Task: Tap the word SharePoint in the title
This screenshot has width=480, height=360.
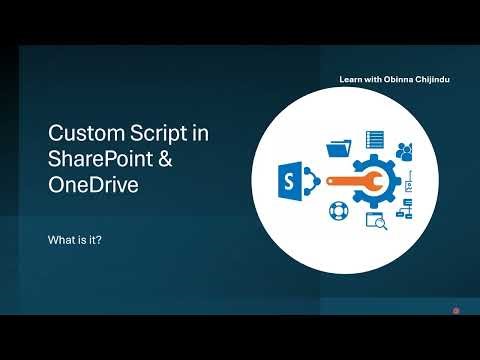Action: tap(100, 159)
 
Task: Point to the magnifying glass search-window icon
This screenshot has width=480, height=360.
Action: tap(376, 219)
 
